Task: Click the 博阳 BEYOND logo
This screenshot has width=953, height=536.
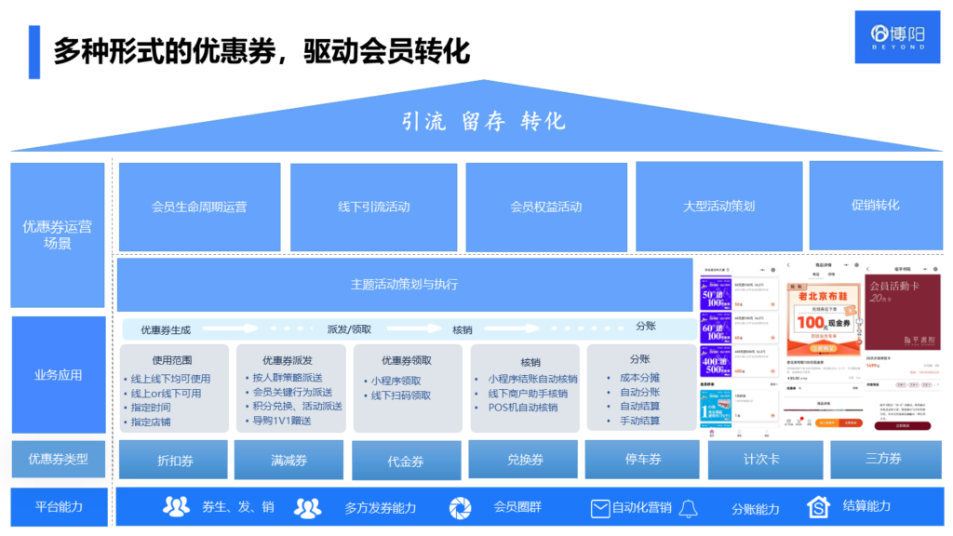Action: click(897, 37)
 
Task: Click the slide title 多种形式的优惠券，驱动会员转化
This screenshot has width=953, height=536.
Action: click(261, 50)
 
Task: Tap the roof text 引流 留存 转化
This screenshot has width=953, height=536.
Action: click(484, 122)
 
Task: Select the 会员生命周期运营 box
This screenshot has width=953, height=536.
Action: click(199, 207)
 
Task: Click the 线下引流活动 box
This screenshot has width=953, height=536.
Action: click(373, 207)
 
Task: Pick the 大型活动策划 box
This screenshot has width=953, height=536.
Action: click(718, 207)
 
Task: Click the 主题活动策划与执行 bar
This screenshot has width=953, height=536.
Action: click(404, 285)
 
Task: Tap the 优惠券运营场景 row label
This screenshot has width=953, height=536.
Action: click(57, 234)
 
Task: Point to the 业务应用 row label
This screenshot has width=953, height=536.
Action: click(58, 375)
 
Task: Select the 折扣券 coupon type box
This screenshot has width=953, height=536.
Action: click(173, 461)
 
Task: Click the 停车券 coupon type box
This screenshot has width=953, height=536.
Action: click(641, 460)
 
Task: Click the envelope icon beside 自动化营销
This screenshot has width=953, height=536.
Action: click(600, 508)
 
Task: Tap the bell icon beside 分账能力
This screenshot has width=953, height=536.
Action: click(689, 508)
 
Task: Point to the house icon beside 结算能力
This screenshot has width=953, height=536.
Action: click(818, 507)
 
